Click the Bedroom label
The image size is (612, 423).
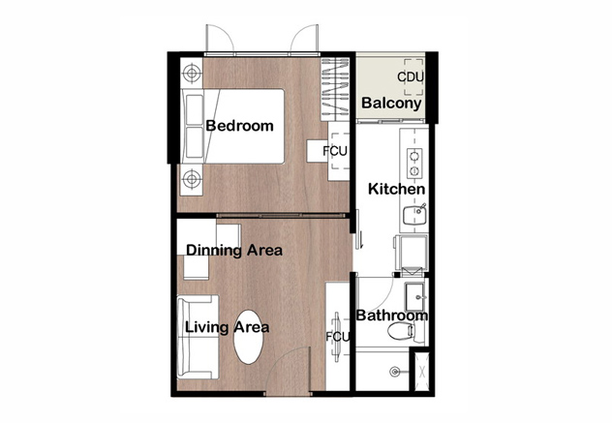click(x=239, y=126)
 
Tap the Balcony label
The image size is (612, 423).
click(x=391, y=103)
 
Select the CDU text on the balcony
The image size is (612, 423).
click(x=411, y=76)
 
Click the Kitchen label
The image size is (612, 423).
click(x=397, y=189)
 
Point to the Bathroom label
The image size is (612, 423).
click(x=392, y=316)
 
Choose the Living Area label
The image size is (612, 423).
click(x=227, y=327)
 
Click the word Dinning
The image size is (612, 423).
click(x=208, y=251)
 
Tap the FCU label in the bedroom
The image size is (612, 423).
click(x=335, y=151)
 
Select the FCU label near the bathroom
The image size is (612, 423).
click(x=338, y=337)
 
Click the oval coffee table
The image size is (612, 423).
click(x=249, y=337)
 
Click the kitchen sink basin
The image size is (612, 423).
click(x=414, y=216)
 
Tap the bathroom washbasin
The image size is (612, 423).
click(x=414, y=292)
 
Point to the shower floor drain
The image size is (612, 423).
click(x=394, y=372)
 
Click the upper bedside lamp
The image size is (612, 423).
click(x=192, y=73)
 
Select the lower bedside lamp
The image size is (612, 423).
click(x=192, y=179)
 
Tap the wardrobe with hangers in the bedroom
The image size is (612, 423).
click(x=335, y=89)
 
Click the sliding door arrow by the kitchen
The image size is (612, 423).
click(x=362, y=240)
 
